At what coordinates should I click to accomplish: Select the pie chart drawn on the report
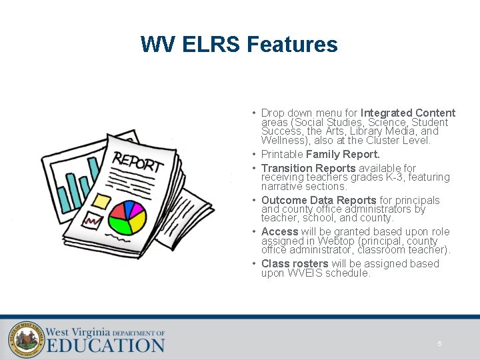(127, 217)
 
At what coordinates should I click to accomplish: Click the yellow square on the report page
(101, 200)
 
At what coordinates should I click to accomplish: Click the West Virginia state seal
(25, 339)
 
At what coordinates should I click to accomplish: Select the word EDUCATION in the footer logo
(105, 345)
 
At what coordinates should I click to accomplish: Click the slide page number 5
(439, 344)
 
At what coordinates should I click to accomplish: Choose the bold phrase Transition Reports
(308, 168)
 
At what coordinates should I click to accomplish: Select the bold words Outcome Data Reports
(319, 200)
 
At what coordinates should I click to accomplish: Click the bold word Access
(280, 231)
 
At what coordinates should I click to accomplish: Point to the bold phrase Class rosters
(295, 263)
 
